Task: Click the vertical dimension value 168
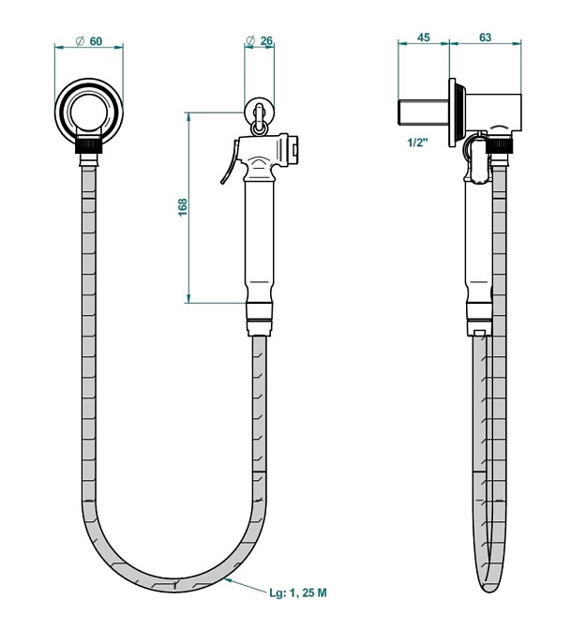[x=182, y=207]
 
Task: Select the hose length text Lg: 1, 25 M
[x=299, y=592]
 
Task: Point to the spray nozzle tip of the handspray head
[x=297, y=148]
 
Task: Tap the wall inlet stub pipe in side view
[x=423, y=112]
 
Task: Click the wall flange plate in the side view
[x=454, y=112]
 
